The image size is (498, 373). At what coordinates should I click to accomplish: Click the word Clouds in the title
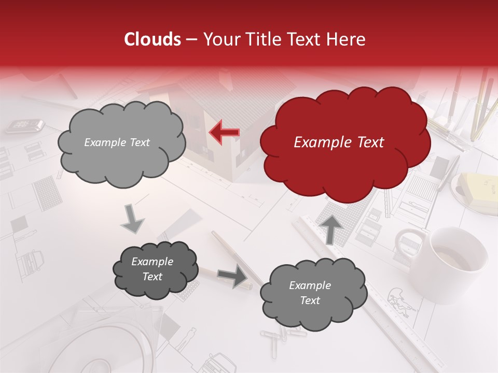click(153, 39)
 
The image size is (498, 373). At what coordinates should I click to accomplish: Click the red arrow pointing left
click(224, 133)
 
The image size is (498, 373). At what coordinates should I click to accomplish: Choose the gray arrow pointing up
click(331, 228)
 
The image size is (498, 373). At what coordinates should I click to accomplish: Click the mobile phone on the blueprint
click(24, 125)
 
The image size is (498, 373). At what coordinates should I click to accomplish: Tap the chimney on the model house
click(226, 78)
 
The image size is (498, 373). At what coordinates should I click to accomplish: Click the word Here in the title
click(348, 39)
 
